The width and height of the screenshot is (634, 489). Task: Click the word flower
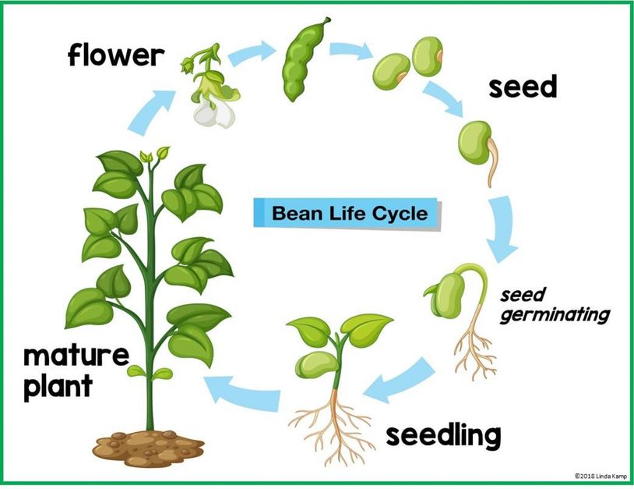[115, 55]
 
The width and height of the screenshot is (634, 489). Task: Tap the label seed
[523, 87]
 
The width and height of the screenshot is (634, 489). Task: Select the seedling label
[442, 435]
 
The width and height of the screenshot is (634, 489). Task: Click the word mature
[75, 357]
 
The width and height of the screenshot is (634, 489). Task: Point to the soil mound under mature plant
[148, 448]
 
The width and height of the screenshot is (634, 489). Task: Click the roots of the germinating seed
[473, 347]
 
